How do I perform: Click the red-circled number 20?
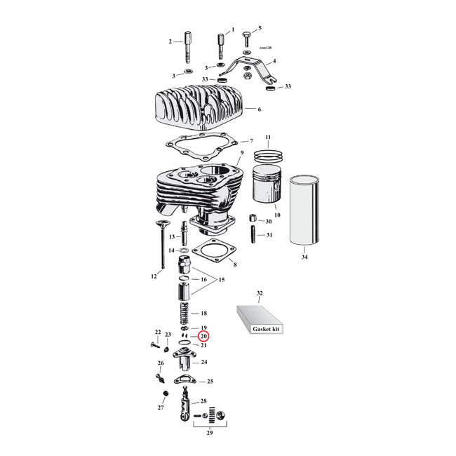click(x=203, y=336)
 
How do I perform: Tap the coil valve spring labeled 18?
click(x=186, y=313)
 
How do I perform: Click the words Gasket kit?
click(x=267, y=328)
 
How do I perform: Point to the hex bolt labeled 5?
click(x=246, y=36)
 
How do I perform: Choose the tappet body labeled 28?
click(x=187, y=406)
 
